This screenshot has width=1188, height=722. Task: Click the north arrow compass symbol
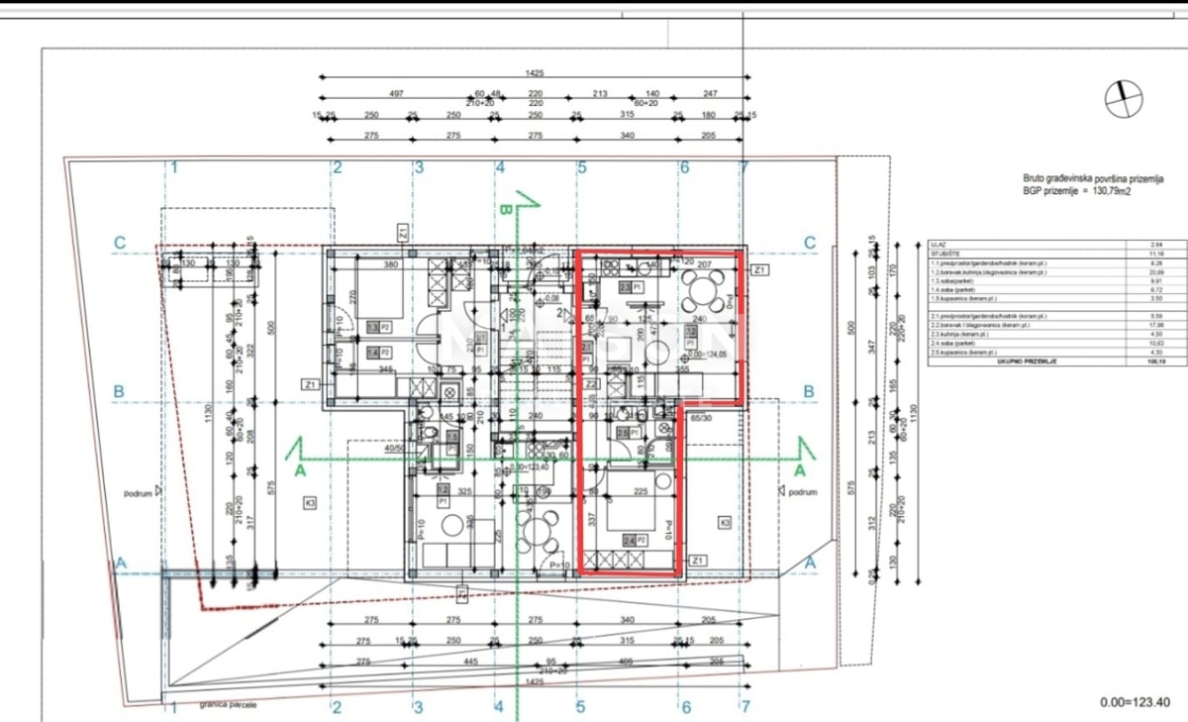1124,97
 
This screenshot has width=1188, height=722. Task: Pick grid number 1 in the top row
173,167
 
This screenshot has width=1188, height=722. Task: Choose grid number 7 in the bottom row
743,707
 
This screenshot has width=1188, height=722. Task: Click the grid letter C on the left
119,243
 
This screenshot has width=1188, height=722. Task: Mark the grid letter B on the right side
809,392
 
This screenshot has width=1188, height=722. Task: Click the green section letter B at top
505,210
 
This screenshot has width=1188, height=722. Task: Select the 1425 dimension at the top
536,73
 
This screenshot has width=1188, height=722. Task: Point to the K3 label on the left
310,504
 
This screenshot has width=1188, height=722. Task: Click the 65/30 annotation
700,418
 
